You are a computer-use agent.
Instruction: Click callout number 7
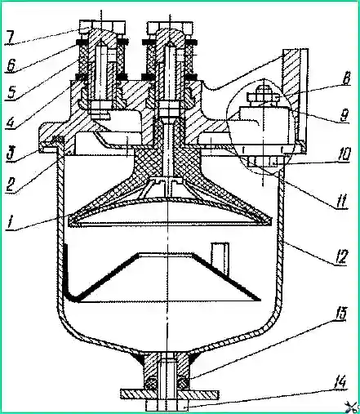[11, 38]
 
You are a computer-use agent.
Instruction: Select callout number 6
[11, 65]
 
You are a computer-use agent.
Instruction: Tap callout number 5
[11, 93]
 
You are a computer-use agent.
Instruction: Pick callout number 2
[11, 185]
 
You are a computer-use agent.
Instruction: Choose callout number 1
[10, 223]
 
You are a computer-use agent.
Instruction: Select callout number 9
[344, 114]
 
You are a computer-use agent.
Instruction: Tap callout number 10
[343, 155]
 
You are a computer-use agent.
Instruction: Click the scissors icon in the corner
[353, 407]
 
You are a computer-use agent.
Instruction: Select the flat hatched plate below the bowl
[169, 395]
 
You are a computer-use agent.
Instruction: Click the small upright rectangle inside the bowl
[220, 258]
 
